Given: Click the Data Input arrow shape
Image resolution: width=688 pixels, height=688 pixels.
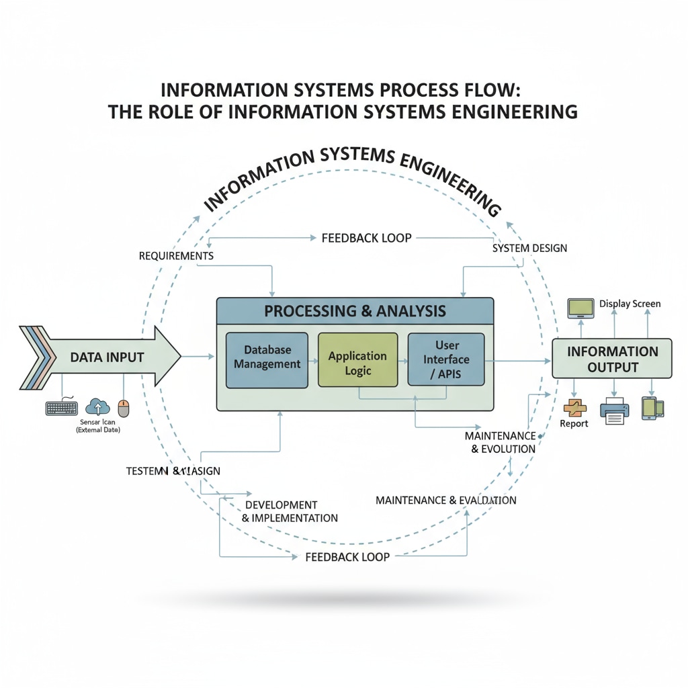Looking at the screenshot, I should pyautogui.click(x=107, y=357).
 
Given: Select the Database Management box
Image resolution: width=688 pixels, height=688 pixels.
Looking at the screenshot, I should pyautogui.click(x=267, y=358).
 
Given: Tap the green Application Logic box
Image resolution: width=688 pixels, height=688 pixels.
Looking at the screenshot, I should pyautogui.click(x=357, y=363).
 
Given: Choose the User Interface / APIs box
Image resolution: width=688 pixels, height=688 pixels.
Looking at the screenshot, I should pyautogui.click(x=445, y=359).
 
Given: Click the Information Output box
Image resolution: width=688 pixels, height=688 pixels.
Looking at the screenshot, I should pyautogui.click(x=611, y=359).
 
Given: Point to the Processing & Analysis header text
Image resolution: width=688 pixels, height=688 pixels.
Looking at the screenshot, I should pyautogui.click(x=355, y=311).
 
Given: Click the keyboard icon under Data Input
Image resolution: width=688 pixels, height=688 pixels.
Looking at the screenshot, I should pyautogui.click(x=62, y=408).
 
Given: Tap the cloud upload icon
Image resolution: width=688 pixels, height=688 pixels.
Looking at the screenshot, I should pyautogui.click(x=98, y=406).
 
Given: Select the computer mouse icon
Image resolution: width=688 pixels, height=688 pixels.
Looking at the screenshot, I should pyautogui.click(x=124, y=408).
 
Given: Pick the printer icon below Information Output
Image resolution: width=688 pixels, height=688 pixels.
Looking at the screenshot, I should pyautogui.click(x=614, y=411).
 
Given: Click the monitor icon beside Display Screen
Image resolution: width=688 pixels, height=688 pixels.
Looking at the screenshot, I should pyautogui.click(x=581, y=308).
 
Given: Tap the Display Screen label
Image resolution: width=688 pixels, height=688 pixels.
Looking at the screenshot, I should pyautogui.click(x=630, y=304).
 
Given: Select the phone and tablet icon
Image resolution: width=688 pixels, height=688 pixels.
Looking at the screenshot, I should pyautogui.click(x=652, y=408).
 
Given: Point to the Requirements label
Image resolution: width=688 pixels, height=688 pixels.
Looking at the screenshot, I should pyautogui.click(x=176, y=256).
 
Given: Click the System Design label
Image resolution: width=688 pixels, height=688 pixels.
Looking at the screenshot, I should pyautogui.click(x=529, y=248).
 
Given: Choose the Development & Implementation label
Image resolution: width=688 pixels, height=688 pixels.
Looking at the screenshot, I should pyautogui.click(x=290, y=511).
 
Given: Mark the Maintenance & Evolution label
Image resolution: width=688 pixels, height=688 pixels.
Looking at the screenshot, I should pyautogui.click(x=500, y=443).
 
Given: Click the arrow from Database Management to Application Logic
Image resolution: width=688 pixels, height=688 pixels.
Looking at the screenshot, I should pyautogui.click(x=313, y=361).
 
